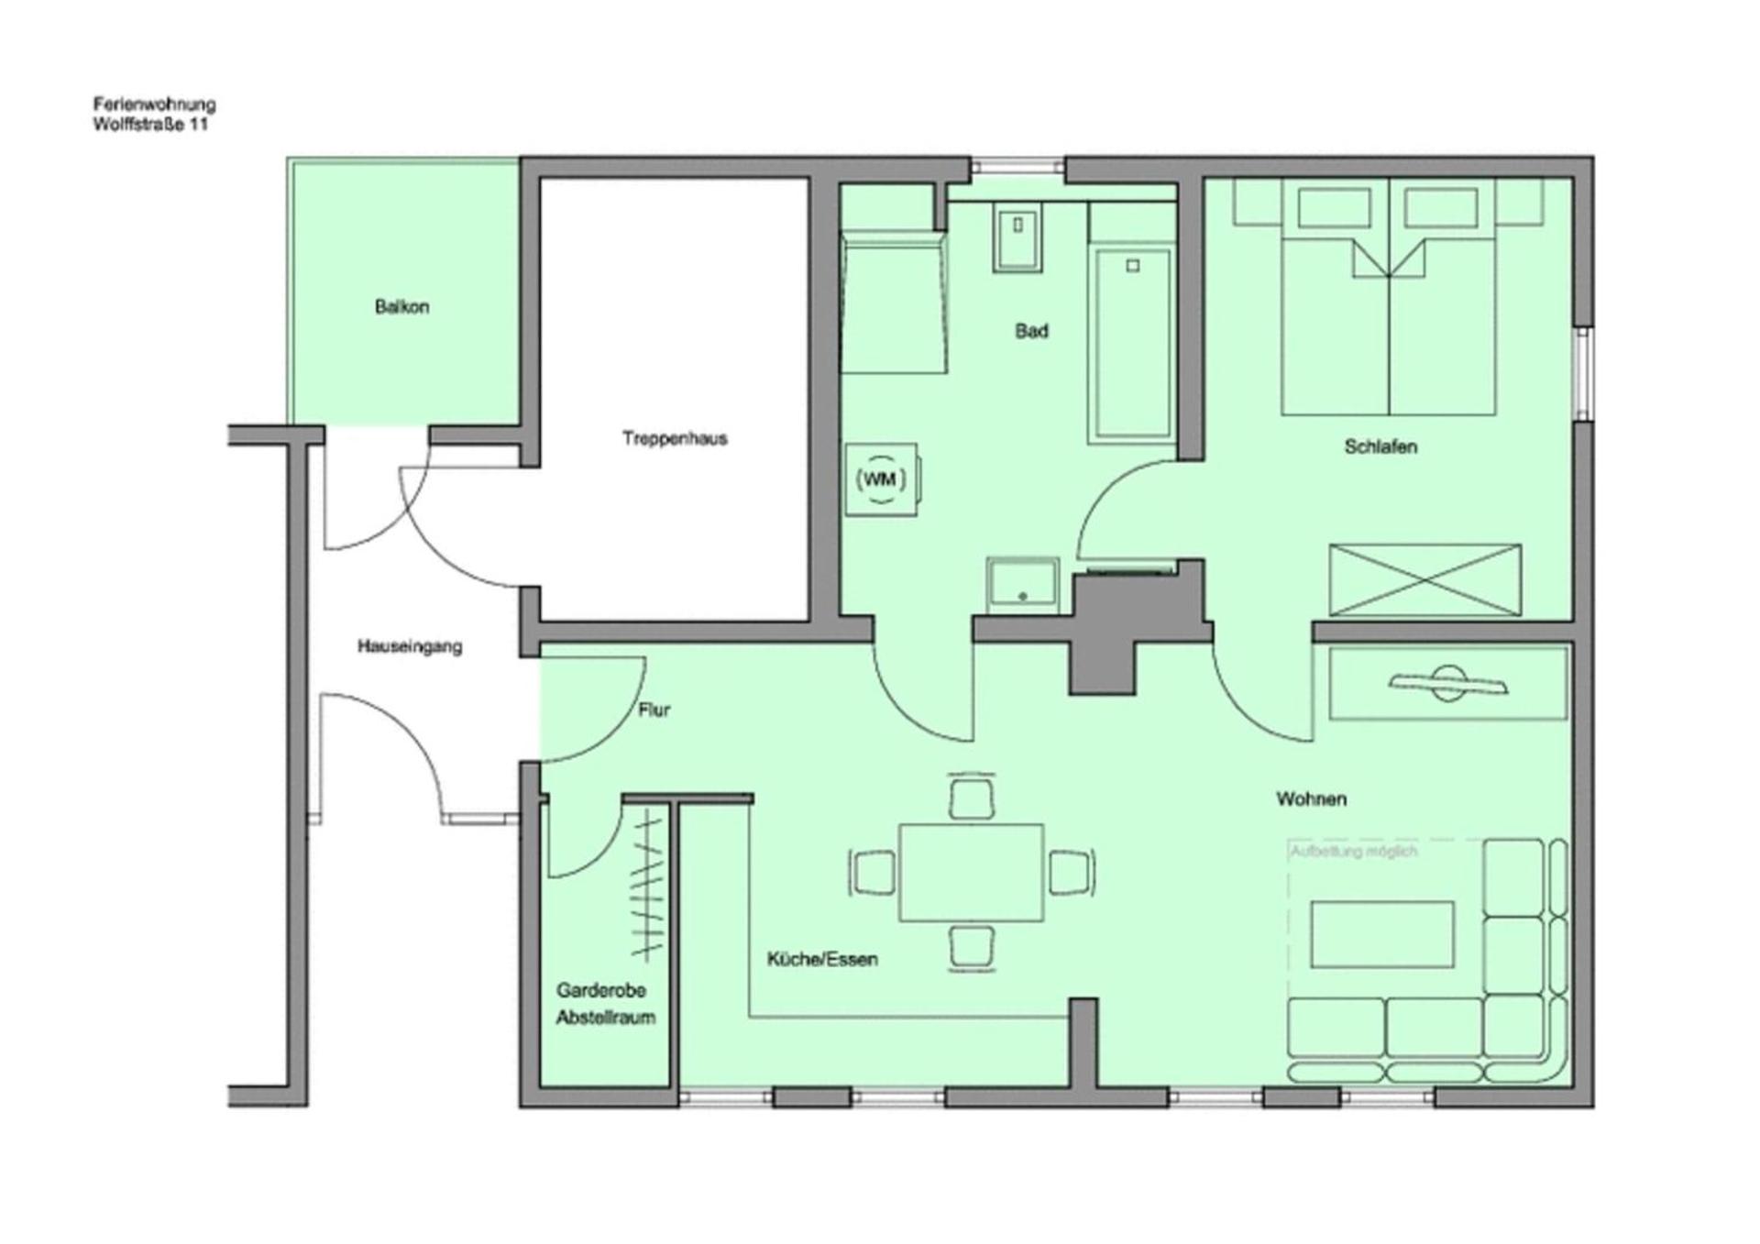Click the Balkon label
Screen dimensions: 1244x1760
coord(401,307)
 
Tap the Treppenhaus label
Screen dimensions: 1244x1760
coord(675,438)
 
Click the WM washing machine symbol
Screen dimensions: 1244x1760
coord(881,479)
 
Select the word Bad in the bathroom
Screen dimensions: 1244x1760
coord(1031,331)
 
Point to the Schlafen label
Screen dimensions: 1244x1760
coord(1380,446)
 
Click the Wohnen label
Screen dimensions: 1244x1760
coord(1311,798)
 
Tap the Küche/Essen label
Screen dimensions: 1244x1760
coord(822,959)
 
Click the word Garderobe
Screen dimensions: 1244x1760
coord(601,990)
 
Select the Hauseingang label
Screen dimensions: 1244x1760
coord(409,646)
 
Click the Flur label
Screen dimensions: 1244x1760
coord(654,710)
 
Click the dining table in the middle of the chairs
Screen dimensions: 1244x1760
coord(971,872)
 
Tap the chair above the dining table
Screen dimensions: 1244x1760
coord(972,798)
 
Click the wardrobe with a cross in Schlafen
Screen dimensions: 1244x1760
coord(1424,579)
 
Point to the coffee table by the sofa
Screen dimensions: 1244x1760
coord(1381,934)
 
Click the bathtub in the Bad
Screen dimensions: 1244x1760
coord(1132,344)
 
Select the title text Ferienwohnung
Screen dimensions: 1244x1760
coord(154,105)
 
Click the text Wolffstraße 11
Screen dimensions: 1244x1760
coord(149,125)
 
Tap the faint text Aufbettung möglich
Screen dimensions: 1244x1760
coord(1353,852)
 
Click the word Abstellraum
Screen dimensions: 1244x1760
coord(605,1018)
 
